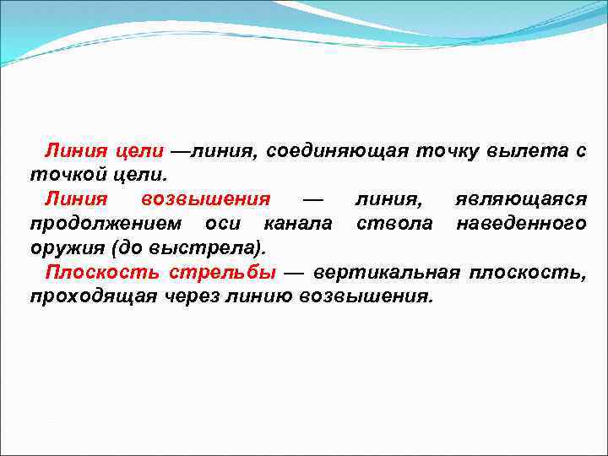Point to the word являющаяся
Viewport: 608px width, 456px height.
[521, 200]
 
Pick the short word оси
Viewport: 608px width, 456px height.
[223, 225]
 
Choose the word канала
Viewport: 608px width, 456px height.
[297, 225]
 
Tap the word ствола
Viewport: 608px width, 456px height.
[395, 225]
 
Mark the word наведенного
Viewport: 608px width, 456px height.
[521, 225]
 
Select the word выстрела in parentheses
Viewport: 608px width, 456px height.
[221, 249]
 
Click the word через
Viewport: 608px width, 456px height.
[186, 298]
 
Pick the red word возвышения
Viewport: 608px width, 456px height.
[206, 200]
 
